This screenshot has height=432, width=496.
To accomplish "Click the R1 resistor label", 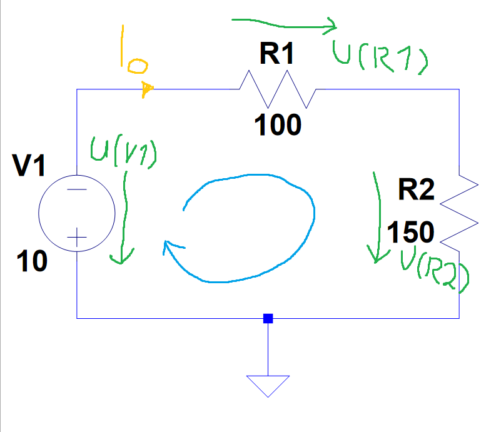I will tap(277, 56).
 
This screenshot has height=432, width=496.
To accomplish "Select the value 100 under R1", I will tap(278, 126).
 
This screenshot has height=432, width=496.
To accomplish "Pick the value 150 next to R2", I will tap(410, 233).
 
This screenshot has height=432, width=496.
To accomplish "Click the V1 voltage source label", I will tap(29, 167).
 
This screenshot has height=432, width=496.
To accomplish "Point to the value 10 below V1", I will tap(31, 262).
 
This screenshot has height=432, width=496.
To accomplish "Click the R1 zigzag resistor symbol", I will tap(278, 89).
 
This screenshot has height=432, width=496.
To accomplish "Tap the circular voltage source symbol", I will tap(77, 213).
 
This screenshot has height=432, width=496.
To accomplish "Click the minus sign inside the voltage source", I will tap(77, 191).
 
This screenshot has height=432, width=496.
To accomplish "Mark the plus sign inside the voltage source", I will tap(77, 237).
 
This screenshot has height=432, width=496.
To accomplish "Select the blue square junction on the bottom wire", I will tap(268, 318).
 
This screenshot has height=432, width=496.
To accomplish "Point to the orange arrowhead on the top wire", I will tap(146, 90).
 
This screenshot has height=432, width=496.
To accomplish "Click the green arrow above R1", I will tap(285, 24).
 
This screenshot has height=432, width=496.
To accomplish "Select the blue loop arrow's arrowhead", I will tap(169, 249).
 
